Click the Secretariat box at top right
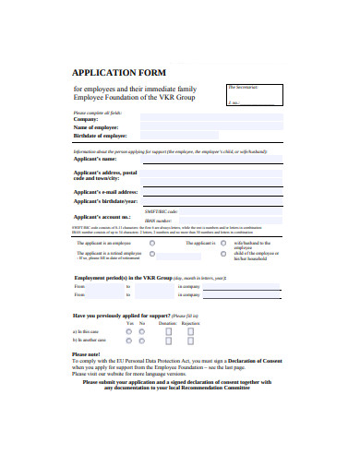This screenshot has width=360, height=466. (x=253, y=94)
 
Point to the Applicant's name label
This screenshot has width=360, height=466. (x=95, y=160)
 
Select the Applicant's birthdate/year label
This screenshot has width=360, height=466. (x=105, y=200)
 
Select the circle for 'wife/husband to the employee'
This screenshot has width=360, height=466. (x=222, y=243)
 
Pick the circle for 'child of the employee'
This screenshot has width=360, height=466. (x=222, y=254)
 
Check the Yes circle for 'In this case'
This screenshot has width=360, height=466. (x=129, y=331)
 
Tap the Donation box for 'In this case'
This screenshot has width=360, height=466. (x=167, y=331)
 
